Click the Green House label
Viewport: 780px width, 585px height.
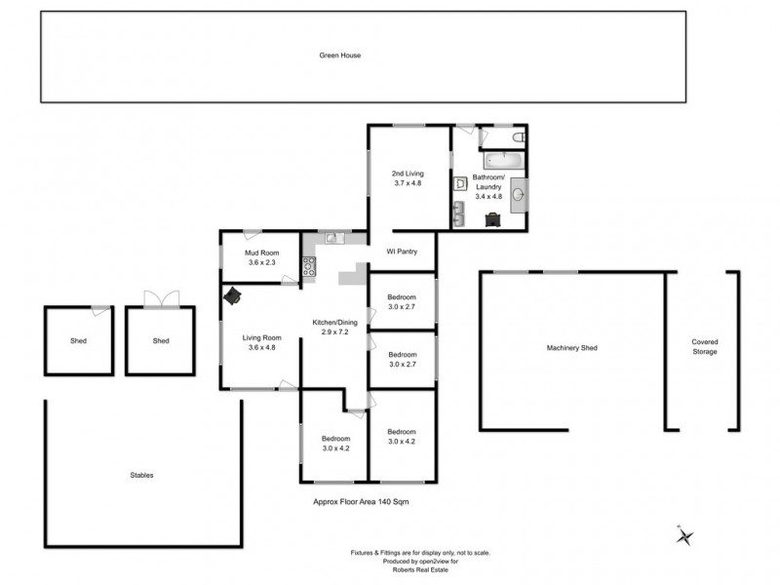(x=340, y=56)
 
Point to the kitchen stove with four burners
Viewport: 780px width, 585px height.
(x=309, y=265)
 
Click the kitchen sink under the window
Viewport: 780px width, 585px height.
(x=331, y=237)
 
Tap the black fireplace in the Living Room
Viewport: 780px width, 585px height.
(x=233, y=296)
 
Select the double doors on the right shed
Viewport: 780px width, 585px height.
(x=156, y=298)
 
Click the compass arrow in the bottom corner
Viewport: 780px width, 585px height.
(x=685, y=535)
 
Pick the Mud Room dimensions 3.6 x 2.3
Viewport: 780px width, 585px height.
(x=262, y=263)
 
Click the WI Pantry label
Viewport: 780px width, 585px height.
(x=402, y=252)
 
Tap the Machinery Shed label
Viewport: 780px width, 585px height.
(x=573, y=348)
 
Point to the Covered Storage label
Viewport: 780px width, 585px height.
(x=704, y=347)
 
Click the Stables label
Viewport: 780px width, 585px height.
(x=141, y=475)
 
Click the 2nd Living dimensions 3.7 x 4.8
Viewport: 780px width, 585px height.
(x=407, y=183)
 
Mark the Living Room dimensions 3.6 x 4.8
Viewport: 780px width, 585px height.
(x=261, y=347)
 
